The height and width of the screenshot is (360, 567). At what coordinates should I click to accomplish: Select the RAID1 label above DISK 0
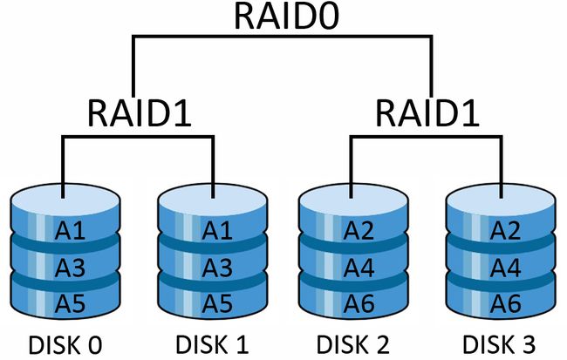pos(137,112)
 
